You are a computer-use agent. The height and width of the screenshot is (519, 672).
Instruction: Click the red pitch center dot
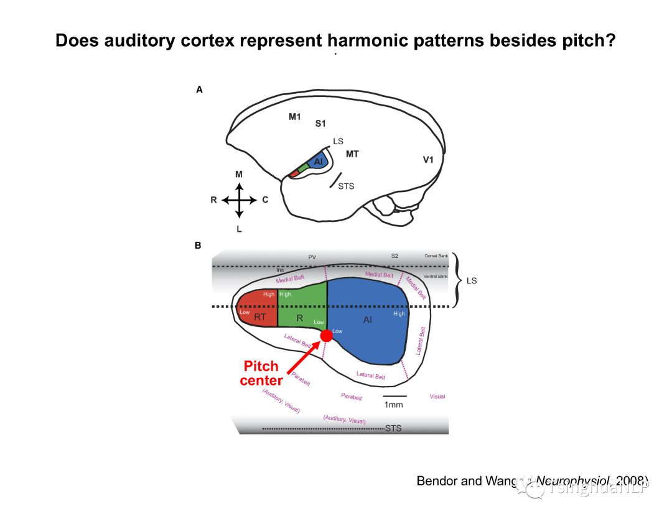[x=326, y=336]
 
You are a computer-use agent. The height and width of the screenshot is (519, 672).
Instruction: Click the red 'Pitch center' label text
[x=261, y=373]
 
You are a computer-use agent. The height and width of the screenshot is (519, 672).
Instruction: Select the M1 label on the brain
[x=295, y=117]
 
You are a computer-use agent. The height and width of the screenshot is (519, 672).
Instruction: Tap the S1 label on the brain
[x=320, y=124]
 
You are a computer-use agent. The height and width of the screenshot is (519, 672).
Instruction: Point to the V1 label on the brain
[x=428, y=160]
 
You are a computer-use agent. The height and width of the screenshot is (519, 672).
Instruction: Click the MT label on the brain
[x=352, y=154]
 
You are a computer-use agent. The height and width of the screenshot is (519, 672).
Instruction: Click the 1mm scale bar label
[x=394, y=405]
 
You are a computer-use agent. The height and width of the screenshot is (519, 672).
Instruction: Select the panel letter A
[x=199, y=90]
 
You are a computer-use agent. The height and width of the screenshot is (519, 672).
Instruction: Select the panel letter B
[x=198, y=246]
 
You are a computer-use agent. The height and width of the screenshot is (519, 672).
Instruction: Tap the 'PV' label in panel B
[x=312, y=257]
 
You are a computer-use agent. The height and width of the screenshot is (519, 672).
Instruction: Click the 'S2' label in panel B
[x=394, y=255]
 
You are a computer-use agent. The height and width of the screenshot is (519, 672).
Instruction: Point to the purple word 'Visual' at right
[x=437, y=396]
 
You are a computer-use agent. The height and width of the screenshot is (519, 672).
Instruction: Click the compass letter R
[x=213, y=200]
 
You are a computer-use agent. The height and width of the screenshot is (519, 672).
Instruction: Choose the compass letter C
[x=265, y=200]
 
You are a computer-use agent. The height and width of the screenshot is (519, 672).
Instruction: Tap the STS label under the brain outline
[x=345, y=186]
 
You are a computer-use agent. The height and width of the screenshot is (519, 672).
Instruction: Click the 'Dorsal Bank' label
[x=436, y=256]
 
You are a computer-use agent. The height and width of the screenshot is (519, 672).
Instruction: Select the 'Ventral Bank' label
[x=435, y=276]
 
